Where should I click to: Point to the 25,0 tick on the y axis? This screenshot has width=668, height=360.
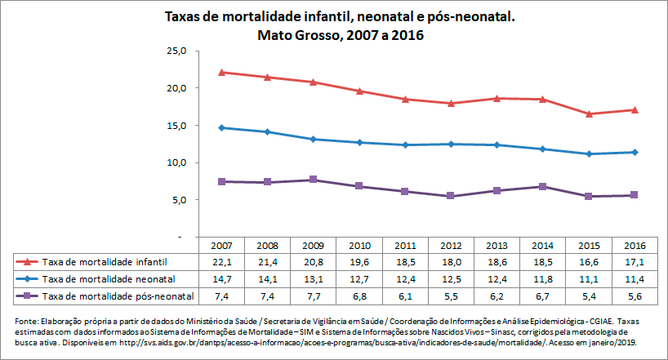point(177,51)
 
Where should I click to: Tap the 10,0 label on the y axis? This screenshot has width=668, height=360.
point(177,162)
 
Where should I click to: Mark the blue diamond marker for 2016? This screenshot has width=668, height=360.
point(635,152)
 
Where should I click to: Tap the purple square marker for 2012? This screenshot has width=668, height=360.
point(451,196)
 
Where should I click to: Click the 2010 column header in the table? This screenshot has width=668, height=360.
point(358,246)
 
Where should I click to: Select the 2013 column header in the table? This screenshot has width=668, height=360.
point(497,246)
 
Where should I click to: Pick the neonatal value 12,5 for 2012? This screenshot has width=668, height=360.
point(451,278)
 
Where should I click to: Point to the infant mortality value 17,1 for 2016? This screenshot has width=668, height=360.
point(635,262)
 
